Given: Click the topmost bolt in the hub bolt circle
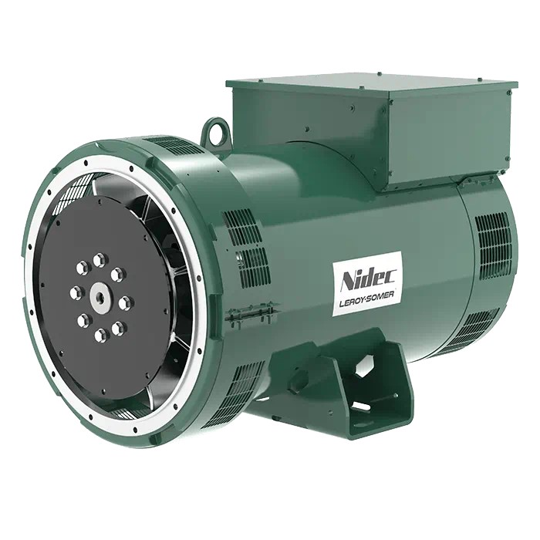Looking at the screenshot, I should click(100, 261).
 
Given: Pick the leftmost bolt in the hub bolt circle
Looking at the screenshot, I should click(76, 293).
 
